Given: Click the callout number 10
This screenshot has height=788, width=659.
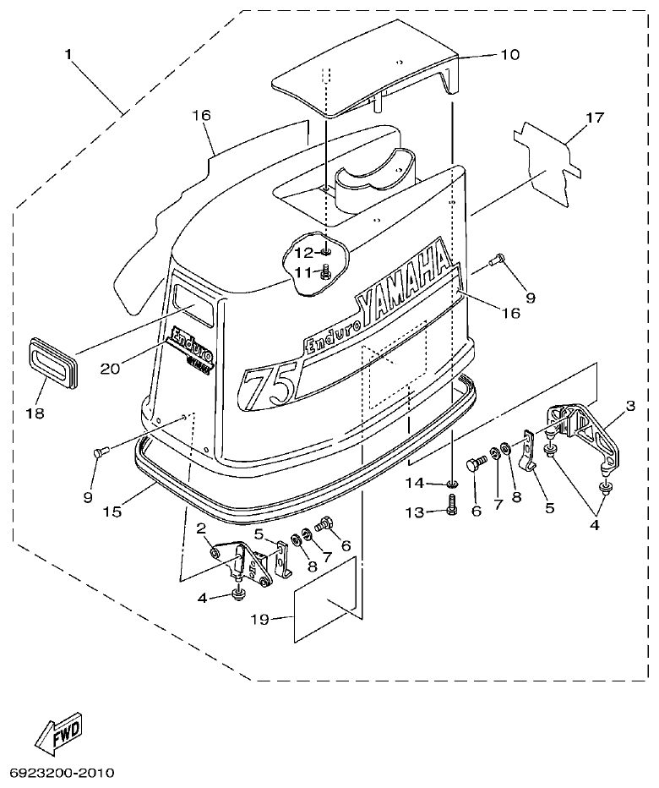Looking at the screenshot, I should (x=510, y=54).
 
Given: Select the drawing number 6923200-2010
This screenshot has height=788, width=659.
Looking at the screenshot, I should (x=62, y=773).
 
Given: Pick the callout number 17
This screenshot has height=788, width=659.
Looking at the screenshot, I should (x=595, y=118).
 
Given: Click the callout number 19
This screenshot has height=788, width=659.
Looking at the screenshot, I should (x=259, y=620).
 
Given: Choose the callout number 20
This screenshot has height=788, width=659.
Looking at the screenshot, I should (x=110, y=367).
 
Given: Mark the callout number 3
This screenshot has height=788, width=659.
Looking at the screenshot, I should (x=629, y=408).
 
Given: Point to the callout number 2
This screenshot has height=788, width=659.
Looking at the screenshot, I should (x=200, y=528).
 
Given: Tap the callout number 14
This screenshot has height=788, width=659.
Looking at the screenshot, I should (x=413, y=483).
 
